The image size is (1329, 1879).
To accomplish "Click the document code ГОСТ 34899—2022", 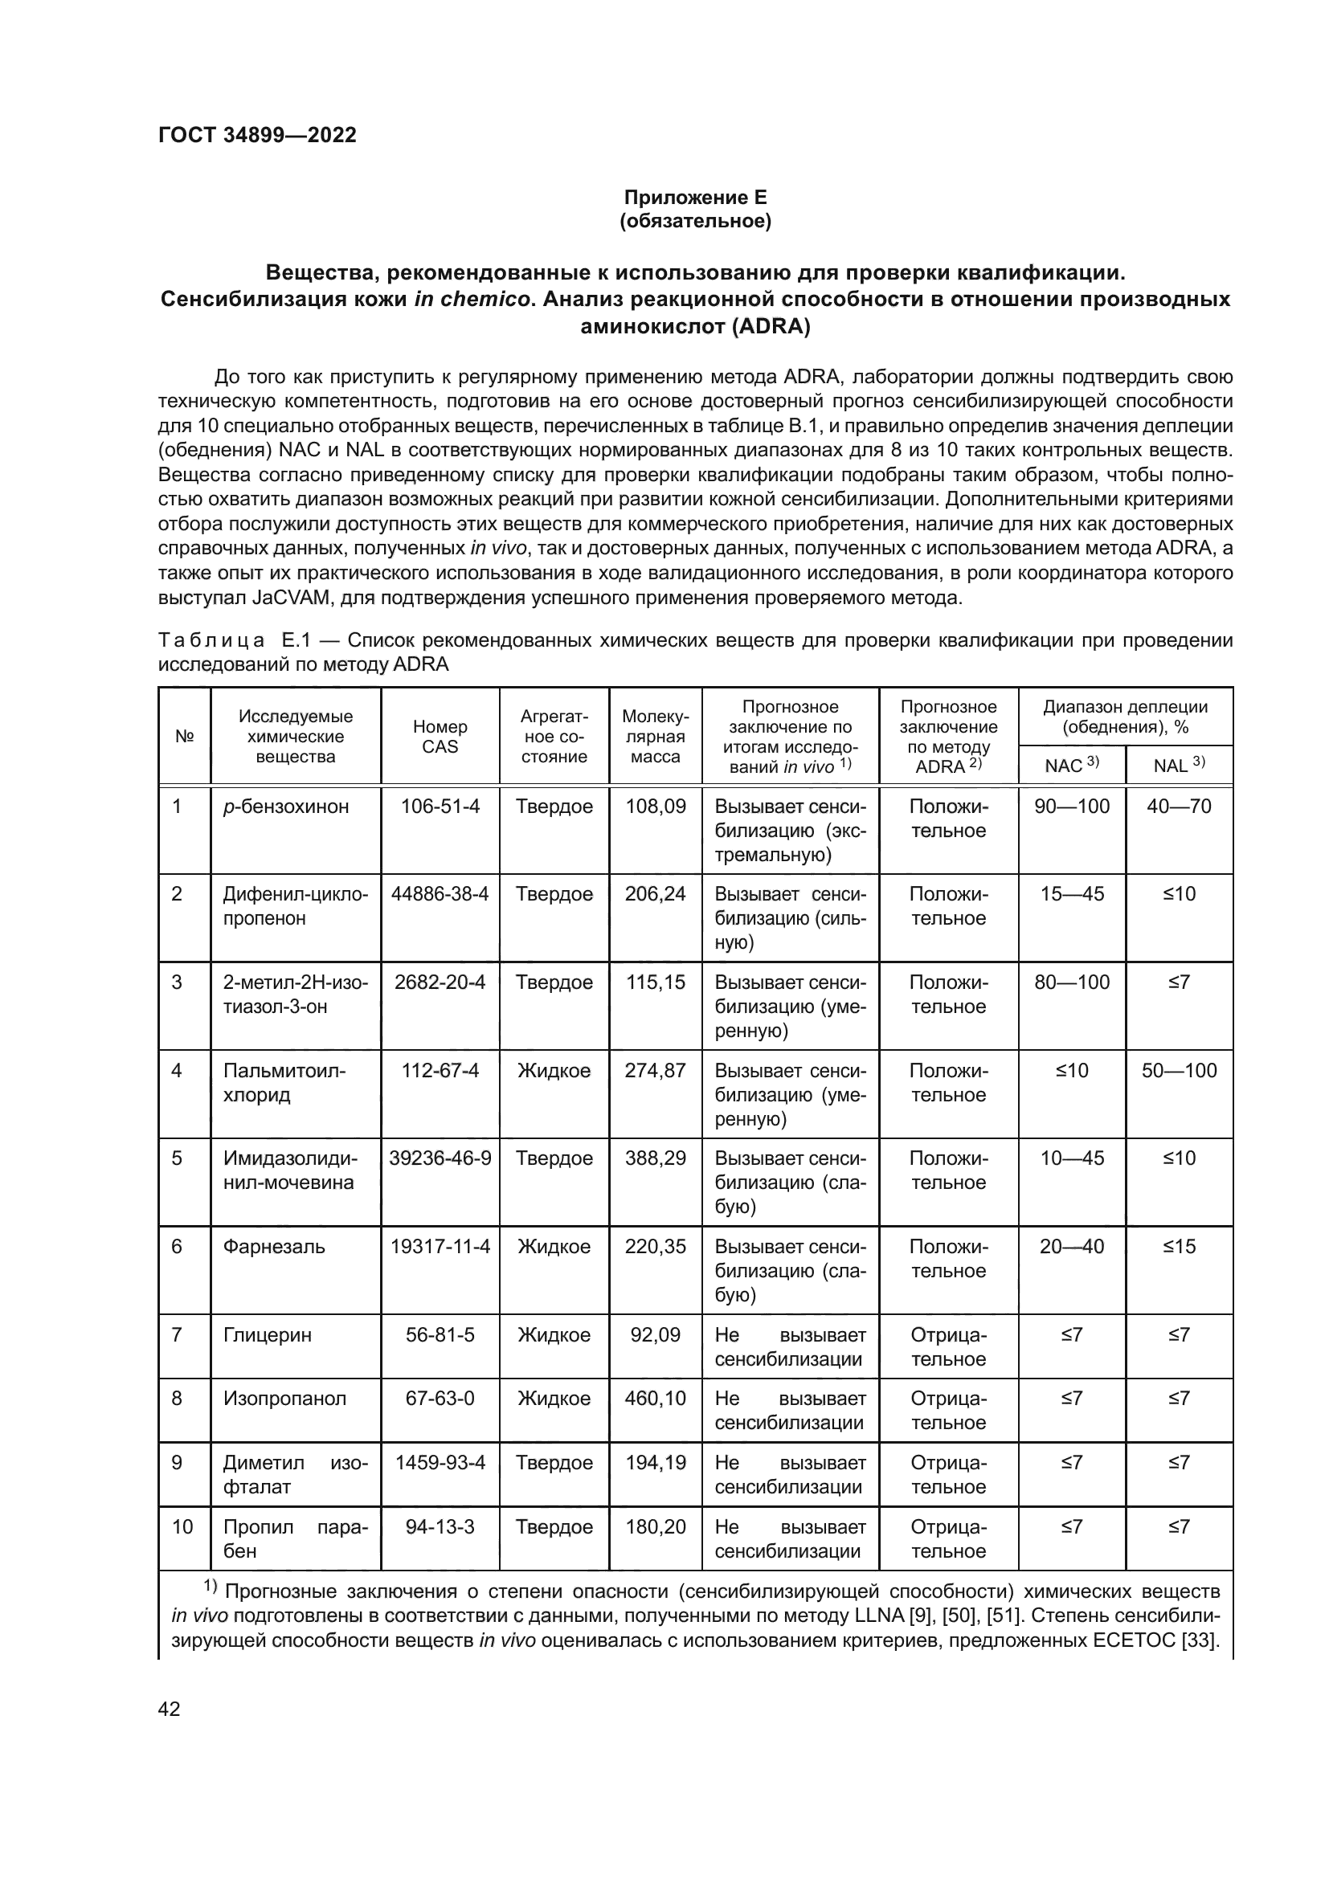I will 257,135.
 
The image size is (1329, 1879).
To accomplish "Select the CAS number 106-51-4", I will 440,807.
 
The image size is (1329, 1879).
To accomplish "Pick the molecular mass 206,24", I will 656,893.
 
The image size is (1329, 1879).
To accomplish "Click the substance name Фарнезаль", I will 274,1247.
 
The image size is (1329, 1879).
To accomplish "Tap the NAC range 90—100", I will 1072,807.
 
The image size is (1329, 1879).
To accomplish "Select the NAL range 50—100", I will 1180,1070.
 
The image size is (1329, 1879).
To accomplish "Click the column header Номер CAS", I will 440,737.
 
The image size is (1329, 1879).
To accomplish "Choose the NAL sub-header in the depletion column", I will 1180,766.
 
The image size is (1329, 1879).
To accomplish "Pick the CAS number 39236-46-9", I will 440,1158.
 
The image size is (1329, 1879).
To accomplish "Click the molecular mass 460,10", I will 656,1399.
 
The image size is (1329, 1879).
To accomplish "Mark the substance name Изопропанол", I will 284,1399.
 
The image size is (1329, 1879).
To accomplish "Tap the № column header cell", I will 185,737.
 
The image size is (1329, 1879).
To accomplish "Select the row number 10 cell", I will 182,1527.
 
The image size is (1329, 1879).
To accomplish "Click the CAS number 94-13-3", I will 440,1527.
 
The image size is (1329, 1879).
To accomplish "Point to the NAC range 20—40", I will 1072,1247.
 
